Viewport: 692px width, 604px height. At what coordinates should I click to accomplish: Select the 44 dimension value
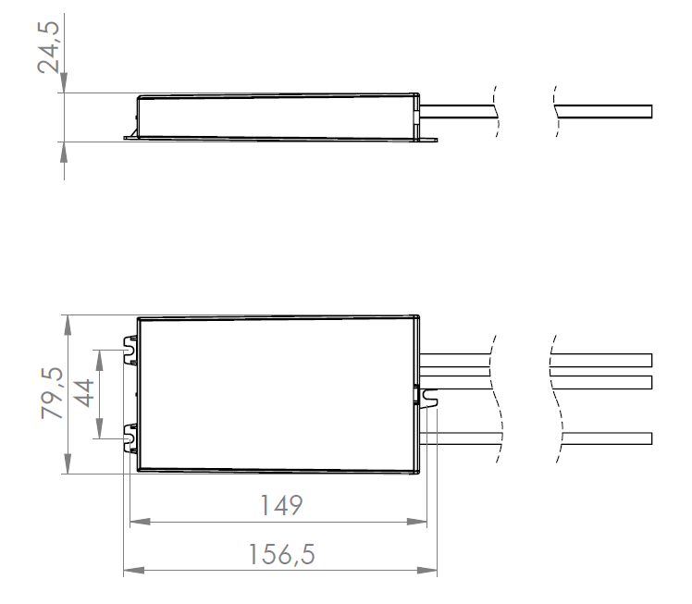tap(84, 394)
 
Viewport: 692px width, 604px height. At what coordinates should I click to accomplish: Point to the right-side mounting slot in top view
tap(428, 396)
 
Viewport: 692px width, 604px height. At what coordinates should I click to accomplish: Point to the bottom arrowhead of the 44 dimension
tap(99, 433)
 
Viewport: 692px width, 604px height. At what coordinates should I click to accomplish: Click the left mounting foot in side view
tap(130, 137)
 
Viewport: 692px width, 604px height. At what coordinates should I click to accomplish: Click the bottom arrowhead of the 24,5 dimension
tap(63, 148)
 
